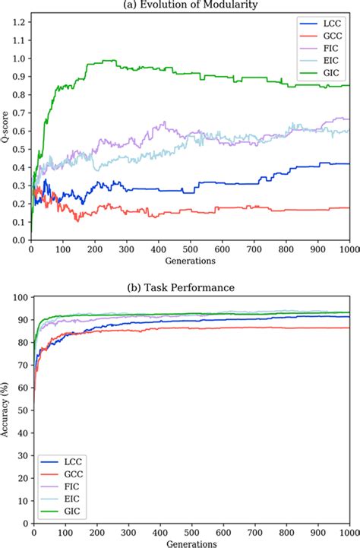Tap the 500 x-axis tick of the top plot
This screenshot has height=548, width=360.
point(190,249)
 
